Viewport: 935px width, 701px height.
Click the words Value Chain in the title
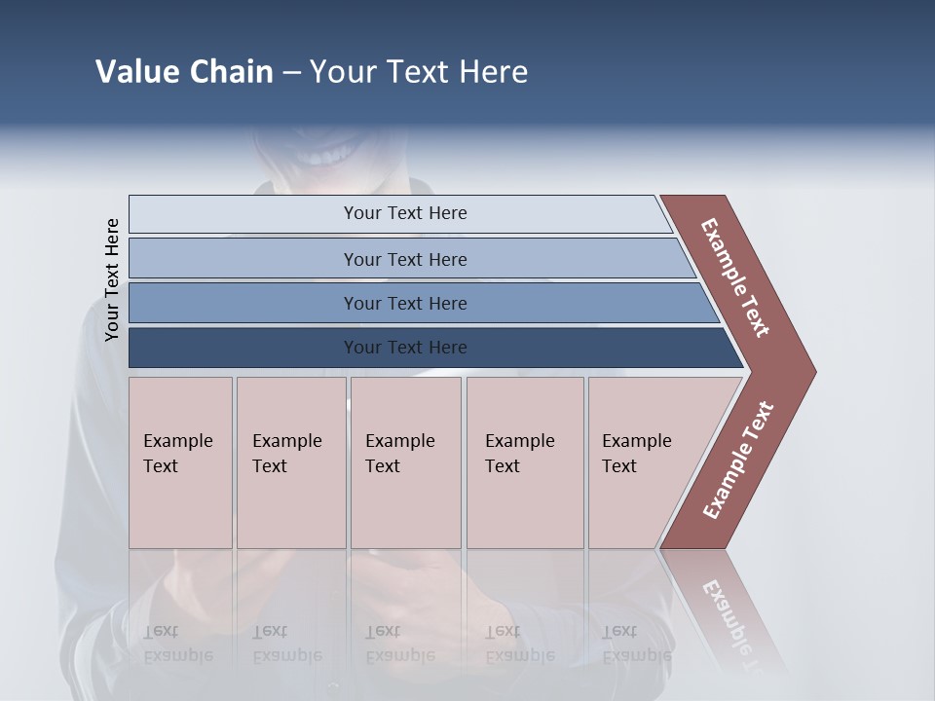point(184,72)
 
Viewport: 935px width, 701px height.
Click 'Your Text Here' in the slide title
point(419,72)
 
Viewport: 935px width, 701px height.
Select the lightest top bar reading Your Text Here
point(404,213)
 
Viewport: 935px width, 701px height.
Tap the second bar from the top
point(404,259)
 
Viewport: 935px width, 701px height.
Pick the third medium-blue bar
point(404,303)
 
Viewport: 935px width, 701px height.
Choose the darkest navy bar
point(404,348)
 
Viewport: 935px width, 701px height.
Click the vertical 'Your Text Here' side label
point(112,279)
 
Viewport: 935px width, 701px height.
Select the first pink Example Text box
point(180,462)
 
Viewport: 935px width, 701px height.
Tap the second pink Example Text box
point(290,462)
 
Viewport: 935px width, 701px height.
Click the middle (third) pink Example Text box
point(405,462)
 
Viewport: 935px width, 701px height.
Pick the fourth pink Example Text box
point(524,462)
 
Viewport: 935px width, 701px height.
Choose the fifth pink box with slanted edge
point(643,462)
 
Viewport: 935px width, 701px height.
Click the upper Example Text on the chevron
point(735,277)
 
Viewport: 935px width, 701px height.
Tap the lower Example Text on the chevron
point(738,460)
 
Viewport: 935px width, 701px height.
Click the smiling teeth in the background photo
point(326,154)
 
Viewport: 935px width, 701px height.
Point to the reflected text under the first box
point(178,644)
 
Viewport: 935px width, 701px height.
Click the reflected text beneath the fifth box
point(637,644)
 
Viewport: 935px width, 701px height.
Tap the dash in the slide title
point(291,73)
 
